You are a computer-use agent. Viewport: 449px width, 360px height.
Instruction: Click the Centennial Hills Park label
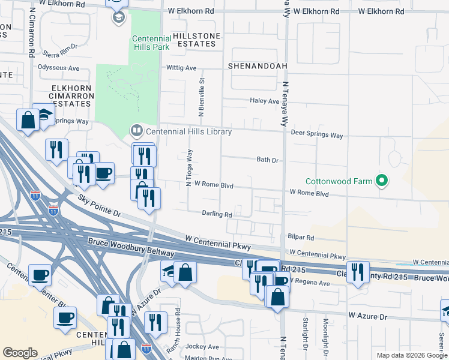(151, 43)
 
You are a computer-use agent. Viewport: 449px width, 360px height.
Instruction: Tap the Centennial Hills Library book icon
(136, 130)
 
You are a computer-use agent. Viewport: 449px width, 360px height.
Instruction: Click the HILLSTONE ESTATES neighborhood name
(196, 40)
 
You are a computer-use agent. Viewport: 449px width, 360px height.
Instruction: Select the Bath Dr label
(267, 160)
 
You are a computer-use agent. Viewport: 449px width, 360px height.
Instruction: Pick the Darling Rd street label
(217, 214)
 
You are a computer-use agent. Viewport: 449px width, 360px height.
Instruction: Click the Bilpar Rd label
(301, 238)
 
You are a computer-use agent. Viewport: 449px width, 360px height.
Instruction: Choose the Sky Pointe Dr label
(99, 205)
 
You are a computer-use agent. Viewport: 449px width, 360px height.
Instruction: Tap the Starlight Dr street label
(306, 343)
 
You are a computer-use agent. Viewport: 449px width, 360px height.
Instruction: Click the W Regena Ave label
(310, 282)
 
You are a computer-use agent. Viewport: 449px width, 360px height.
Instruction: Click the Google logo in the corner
(20, 353)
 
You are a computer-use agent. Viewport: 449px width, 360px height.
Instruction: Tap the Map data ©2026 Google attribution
(411, 355)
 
